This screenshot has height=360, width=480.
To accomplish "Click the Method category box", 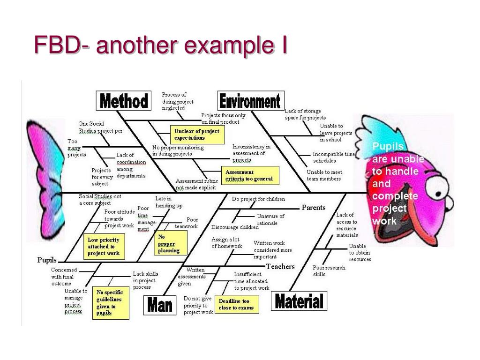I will click(124, 101).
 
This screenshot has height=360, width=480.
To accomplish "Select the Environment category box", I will click(251, 101).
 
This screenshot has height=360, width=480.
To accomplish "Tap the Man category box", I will click(160, 306).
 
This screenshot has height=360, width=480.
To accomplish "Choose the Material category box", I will click(299, 301).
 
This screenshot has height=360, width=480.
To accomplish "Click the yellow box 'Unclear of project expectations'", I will click(196, 135).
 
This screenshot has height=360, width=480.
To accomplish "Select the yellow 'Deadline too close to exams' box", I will click(237, 304).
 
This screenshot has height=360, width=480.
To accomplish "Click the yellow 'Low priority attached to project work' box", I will click(104, 247).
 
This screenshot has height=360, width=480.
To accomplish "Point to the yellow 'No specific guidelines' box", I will click(110, 303).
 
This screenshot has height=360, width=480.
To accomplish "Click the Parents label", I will click(313, 208).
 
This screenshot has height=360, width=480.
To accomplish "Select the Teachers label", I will click(280, 267).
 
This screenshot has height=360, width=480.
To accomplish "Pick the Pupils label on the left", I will click(47, 260).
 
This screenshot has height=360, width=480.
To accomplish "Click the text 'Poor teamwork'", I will click(187, 223).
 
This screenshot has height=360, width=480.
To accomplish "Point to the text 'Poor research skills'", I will click(329, 271).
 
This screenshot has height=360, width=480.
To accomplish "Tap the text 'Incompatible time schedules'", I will click(334, 157).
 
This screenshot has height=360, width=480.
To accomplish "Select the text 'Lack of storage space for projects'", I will click(305, 114).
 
